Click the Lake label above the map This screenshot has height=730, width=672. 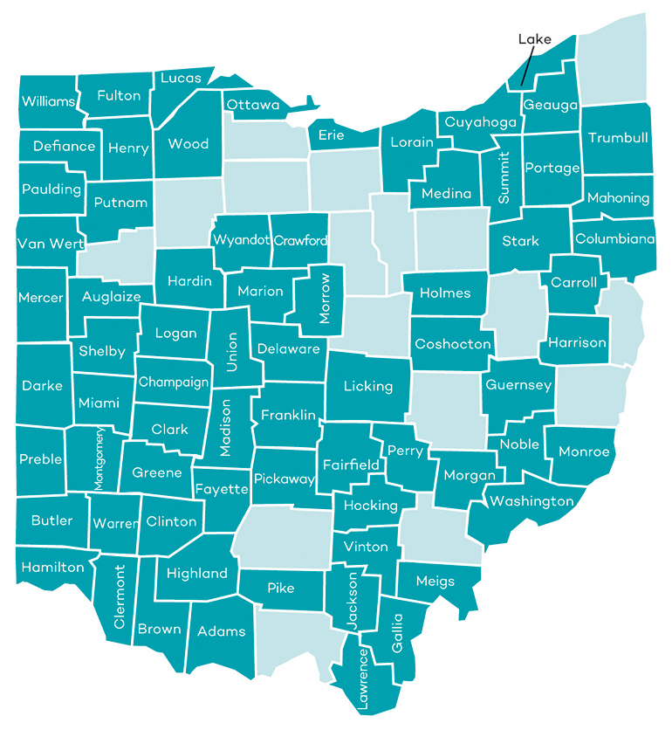(x=534, y=39)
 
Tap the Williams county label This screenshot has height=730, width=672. (x=49, y=101)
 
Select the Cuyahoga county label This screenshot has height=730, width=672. (x=481, y=122)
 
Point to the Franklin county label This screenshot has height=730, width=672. (x=289, y=416)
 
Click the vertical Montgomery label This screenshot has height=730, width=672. (x=99, y=459)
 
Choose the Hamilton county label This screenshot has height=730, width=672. (x=53, y=568)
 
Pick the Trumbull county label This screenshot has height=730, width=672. (x=618, y=138)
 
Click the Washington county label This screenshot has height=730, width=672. (x=531, y=501)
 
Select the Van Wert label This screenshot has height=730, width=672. (x=50, y=244)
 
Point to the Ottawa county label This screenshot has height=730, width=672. (x=253, y=105)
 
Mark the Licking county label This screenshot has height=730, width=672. (x=367, y=385)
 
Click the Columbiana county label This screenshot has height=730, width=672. (x=615, y=238)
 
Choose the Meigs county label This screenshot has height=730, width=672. (x=435, y=582)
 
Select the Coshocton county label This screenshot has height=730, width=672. (x=453, y=344)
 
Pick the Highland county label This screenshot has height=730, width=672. (x=197, y=574)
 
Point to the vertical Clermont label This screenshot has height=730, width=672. (x=120, y=596)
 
